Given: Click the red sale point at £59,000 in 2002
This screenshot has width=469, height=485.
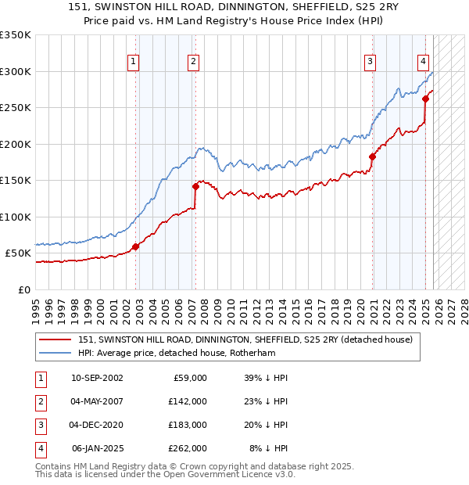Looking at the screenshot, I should click(135, 246).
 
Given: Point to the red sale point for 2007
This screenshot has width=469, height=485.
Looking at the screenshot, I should click(195, 186).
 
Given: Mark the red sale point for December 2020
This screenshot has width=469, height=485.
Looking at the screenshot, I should click(372, 156).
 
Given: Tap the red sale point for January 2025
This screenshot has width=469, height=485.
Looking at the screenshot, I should click(425, 99).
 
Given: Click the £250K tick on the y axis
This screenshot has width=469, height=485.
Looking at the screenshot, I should click(15, 108).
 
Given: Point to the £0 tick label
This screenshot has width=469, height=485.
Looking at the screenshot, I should click(23, 290).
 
